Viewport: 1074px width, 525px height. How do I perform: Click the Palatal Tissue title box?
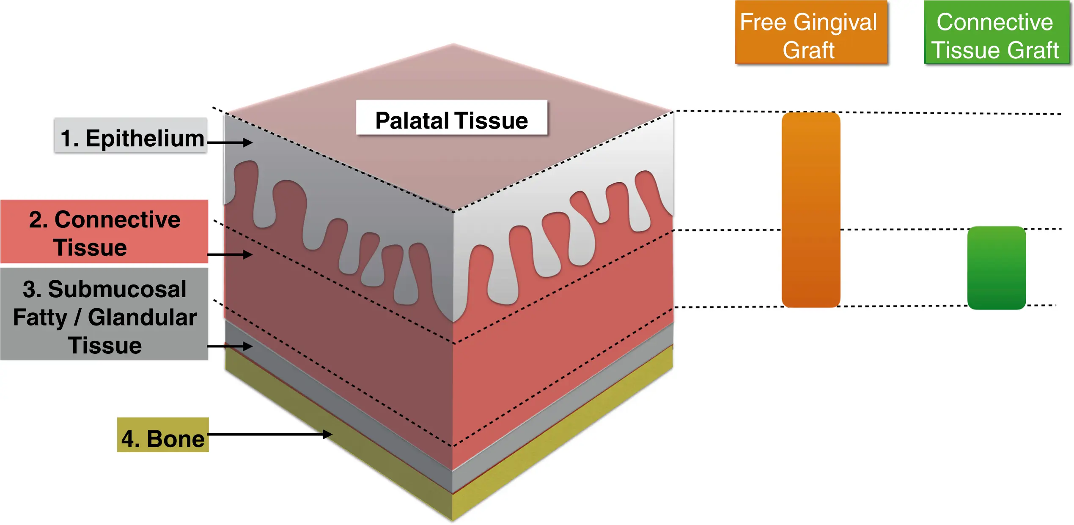pyautogui.click(x=452, y=118)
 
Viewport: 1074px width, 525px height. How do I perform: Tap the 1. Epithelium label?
pyautogui.click(x=131, y=135)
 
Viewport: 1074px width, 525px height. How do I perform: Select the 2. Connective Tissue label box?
pyautogui.click(x=104, y=232)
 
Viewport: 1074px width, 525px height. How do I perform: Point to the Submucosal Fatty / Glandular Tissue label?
pyautogui.click(x=104, y=314)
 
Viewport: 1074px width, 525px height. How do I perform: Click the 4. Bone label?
pyautogui.click(x=163, y=435)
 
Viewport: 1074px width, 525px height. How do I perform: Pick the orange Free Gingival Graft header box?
pyautogui.click(x=811, y=33)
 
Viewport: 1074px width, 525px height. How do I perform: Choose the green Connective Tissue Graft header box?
pyautogui.click(x=997, y=33)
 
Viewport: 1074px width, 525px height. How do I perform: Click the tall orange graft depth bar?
pyautogui.click(x=811, y=210)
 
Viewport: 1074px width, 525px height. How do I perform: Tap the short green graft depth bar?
pyautogui.click(x=997, y=268)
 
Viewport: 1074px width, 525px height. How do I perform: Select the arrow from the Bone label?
pyautogui.click(x=270, y=434)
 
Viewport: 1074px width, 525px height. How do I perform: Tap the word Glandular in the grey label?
pyautogui.click(x=142, y=317)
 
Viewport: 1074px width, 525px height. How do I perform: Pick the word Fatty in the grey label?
pyautogui.click(x=40, y=317)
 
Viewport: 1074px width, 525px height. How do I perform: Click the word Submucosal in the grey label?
pyautogui.click(x=117, y=289)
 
